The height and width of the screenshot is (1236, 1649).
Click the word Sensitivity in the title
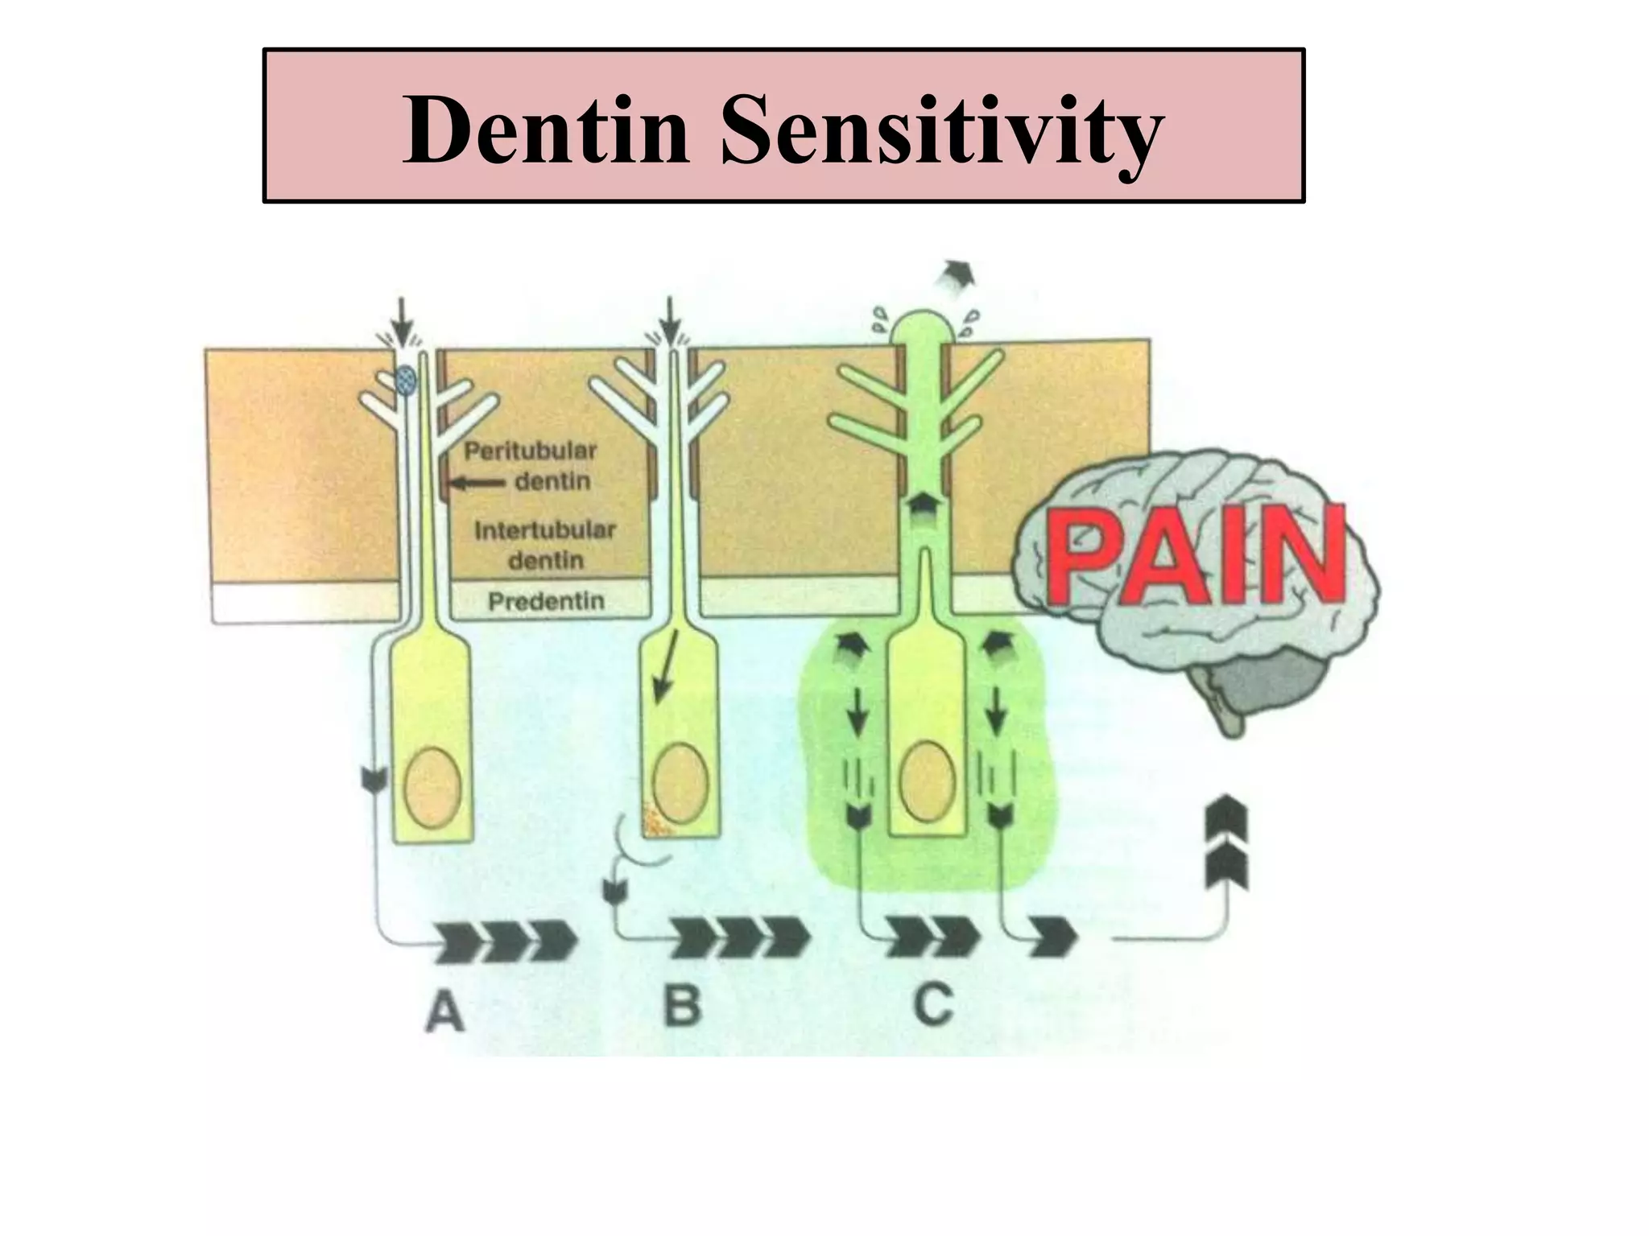(x=941, y=133)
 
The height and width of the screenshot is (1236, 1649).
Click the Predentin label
(x=546, y=601)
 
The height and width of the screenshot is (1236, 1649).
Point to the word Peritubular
(x=529, y=451)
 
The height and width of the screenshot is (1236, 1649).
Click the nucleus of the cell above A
(x=433, y=786)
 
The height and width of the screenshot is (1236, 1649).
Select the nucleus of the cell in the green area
(x=928, y=780)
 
